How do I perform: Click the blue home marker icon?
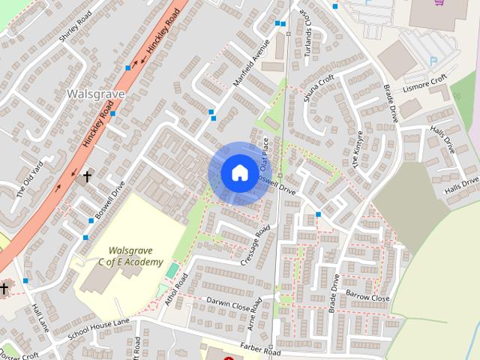tap(238, 172)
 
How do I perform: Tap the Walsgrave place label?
tap(89, 94)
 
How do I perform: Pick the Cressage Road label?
tap(255, 245)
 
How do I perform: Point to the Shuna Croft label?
tap(318, 88)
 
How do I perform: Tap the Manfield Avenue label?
tap(250, 67)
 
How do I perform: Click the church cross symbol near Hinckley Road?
tap(87, 177)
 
